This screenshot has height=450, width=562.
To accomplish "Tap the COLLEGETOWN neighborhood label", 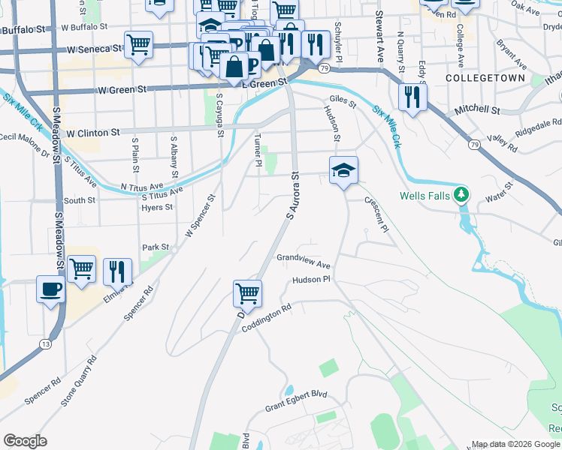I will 478,78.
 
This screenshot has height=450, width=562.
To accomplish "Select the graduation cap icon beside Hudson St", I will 343,171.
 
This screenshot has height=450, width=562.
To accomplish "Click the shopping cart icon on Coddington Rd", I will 247,294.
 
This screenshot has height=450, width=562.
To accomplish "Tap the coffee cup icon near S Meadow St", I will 51,289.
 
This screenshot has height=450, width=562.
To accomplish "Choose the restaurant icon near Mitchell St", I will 412,97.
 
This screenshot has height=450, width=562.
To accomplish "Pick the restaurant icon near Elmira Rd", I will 117,271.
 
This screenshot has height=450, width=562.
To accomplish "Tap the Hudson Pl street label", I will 311,279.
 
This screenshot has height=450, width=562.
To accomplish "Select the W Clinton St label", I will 93,133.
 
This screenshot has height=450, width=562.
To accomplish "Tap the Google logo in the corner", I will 25,441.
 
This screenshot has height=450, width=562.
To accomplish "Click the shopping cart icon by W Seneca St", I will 138,44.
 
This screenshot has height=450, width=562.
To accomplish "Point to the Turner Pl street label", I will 258,151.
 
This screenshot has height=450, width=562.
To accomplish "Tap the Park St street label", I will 156,247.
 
